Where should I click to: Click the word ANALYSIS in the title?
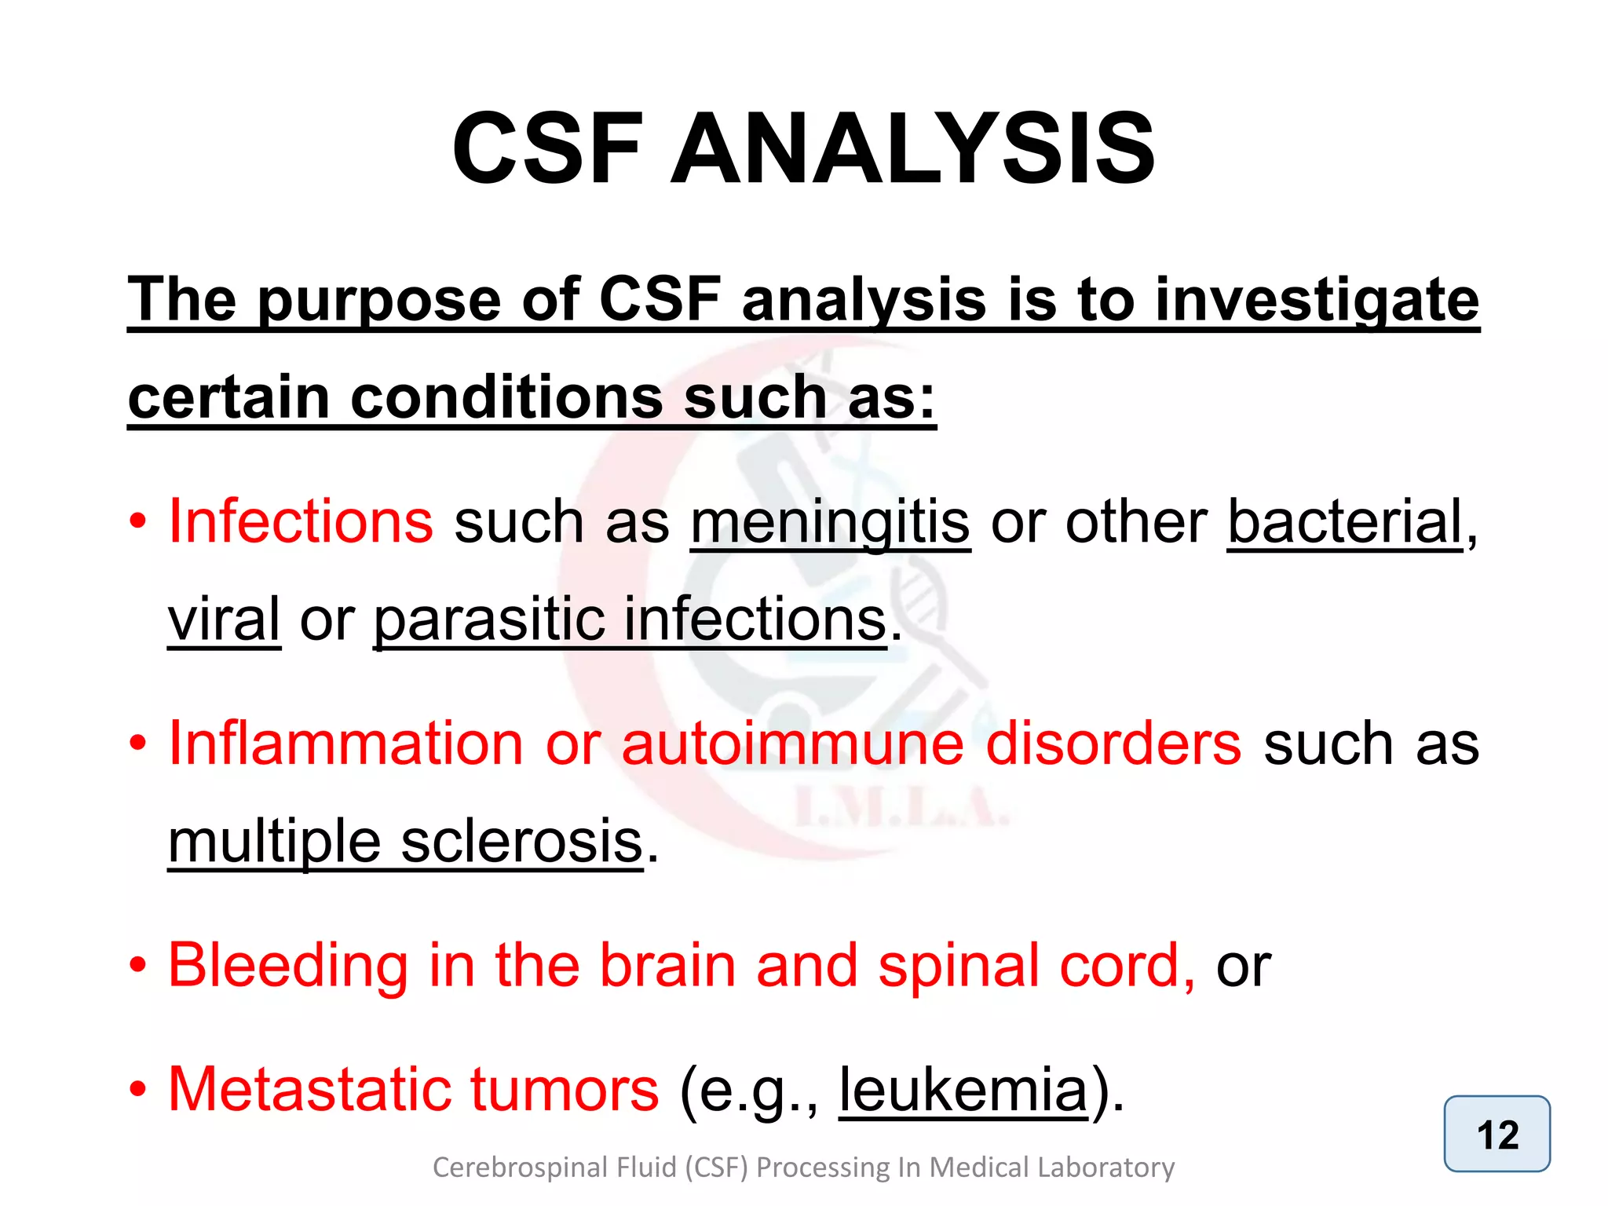click(x=912, y=149)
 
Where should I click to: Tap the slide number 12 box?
click(x=1497, y=1135)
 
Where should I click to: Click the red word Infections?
click(x=301, y=521)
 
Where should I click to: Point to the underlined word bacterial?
click(x=1345, y=521)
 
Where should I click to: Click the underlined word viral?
click(x=224, y=619)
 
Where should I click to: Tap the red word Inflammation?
click(x=345, y=743)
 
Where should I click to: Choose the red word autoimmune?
click(x=792, y=743)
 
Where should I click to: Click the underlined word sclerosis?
click(x=521, y=842)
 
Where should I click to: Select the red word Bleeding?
click(x=288, y=966)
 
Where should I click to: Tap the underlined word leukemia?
click(x=963, y=1089)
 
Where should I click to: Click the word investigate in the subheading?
click(x=1317, y=301)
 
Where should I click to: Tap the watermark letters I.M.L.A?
click(x=901, y=809)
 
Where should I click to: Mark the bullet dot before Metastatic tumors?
click(x=138, y=1090)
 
